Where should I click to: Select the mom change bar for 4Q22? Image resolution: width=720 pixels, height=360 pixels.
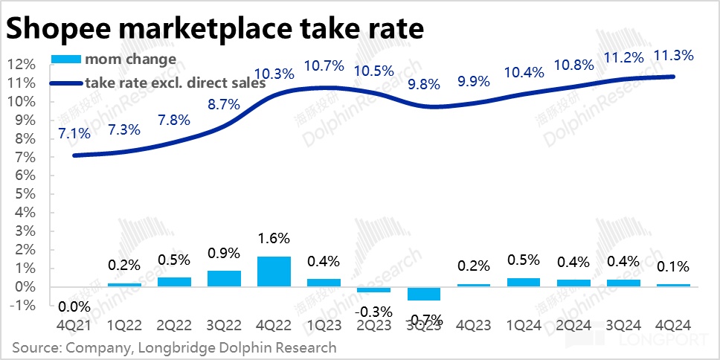(x=273, y=271)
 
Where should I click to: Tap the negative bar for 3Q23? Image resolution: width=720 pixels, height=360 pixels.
(x=424, y=294)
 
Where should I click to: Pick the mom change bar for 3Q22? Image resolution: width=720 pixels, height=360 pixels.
(x=224, y=278)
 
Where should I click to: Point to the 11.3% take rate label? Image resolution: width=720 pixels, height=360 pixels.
(x=672, y=55)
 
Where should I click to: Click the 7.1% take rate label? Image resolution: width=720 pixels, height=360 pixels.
(x=73, y=134)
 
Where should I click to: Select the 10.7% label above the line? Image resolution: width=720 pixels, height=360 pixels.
(x=324, y=65)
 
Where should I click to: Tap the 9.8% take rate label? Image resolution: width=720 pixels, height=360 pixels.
(x=424, y=83)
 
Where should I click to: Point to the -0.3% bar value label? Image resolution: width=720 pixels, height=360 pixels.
(x=373, y=309)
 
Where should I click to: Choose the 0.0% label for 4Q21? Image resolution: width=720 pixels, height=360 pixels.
(x=73, y=306)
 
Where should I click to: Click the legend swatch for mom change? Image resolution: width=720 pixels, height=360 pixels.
(x=66, y=59)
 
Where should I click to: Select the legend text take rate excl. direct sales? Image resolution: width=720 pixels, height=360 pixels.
(x=176, y=83)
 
